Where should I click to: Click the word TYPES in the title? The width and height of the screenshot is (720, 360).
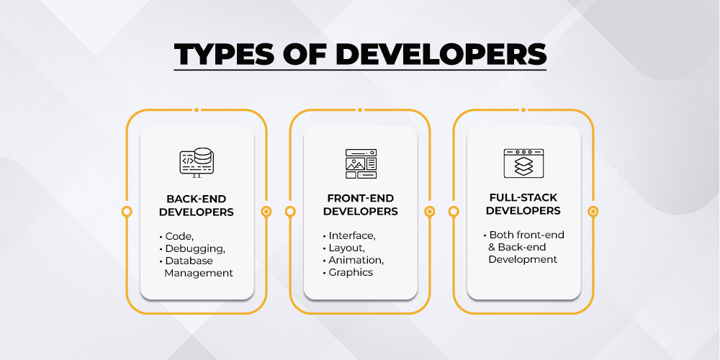click(222, 54)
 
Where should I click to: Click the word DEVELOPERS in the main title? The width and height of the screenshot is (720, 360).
click(441, 54)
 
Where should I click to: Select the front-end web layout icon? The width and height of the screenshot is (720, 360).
click(361, 163)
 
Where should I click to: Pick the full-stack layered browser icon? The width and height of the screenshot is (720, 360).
click(524, 163)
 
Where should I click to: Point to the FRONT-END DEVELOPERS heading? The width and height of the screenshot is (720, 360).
click(361, 204)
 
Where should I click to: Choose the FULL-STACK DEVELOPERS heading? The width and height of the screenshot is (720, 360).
click(523, 204)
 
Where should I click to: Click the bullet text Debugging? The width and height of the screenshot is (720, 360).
click(195, 249)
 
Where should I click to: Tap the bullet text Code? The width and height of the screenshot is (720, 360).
click(179, 237)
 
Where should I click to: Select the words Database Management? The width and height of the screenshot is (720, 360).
click(199, 267)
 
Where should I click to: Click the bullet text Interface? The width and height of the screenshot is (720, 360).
click(352, 236)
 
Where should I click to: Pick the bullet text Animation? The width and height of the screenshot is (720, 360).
click(356, 261)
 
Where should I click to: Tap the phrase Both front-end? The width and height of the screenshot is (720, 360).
click(527, 235)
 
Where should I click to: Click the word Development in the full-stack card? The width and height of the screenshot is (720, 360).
click(523, 259)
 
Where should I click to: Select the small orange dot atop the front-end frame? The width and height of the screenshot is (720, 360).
click(360, 109)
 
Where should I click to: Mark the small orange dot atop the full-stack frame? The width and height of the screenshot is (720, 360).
click(523, 109)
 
